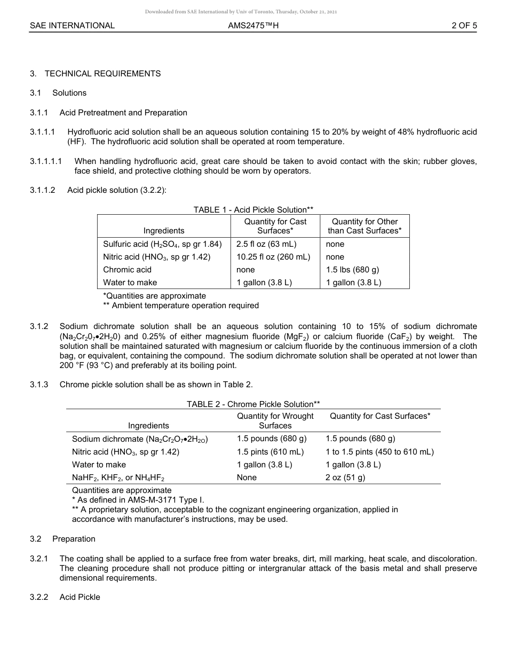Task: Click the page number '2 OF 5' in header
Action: click(x=464, y=25)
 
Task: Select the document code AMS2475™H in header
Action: click(x=253, y=25)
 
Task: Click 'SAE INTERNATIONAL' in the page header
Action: click(x=72, y=25)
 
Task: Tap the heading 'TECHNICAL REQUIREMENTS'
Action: click(x=102, y=74)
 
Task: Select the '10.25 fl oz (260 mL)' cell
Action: click(x=273, y=257)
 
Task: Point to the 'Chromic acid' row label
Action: click(x=127, y=270)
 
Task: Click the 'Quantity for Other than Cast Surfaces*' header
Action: click(x=365, y=226)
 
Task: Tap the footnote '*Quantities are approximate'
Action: click(x=154, y=295)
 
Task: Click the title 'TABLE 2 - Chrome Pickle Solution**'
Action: click(x=253, y=404)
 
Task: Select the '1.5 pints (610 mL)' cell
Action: click(x=270, y=452)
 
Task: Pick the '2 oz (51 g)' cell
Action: click(x=345, y=478)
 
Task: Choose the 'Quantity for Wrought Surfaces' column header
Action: click(x=275, y=420)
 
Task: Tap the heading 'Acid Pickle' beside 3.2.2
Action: click(x=80, y=597)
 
